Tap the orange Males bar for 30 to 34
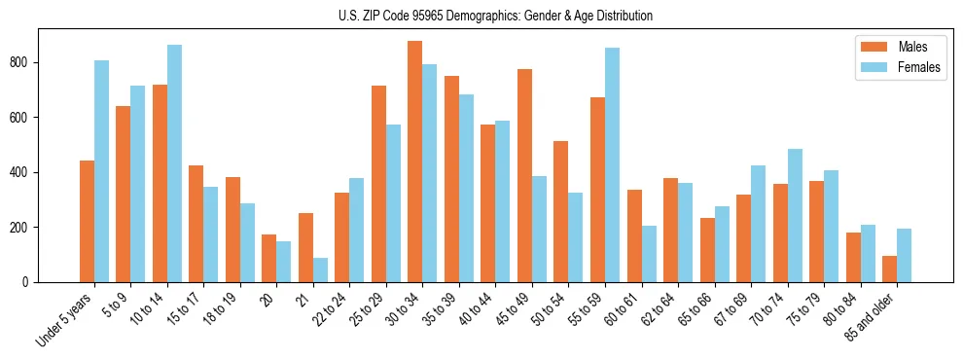click(x=415, y=162)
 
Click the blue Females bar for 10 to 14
click(x=174, y=163)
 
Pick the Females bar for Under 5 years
click(x=101, y=171)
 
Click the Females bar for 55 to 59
click(x=612, y=164)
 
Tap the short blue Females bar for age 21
click(x=320, y=270)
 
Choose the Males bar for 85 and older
click(x=890, y=269)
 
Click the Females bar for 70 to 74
click(x=795, y=215)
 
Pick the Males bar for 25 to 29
click(x=378, y=184)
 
